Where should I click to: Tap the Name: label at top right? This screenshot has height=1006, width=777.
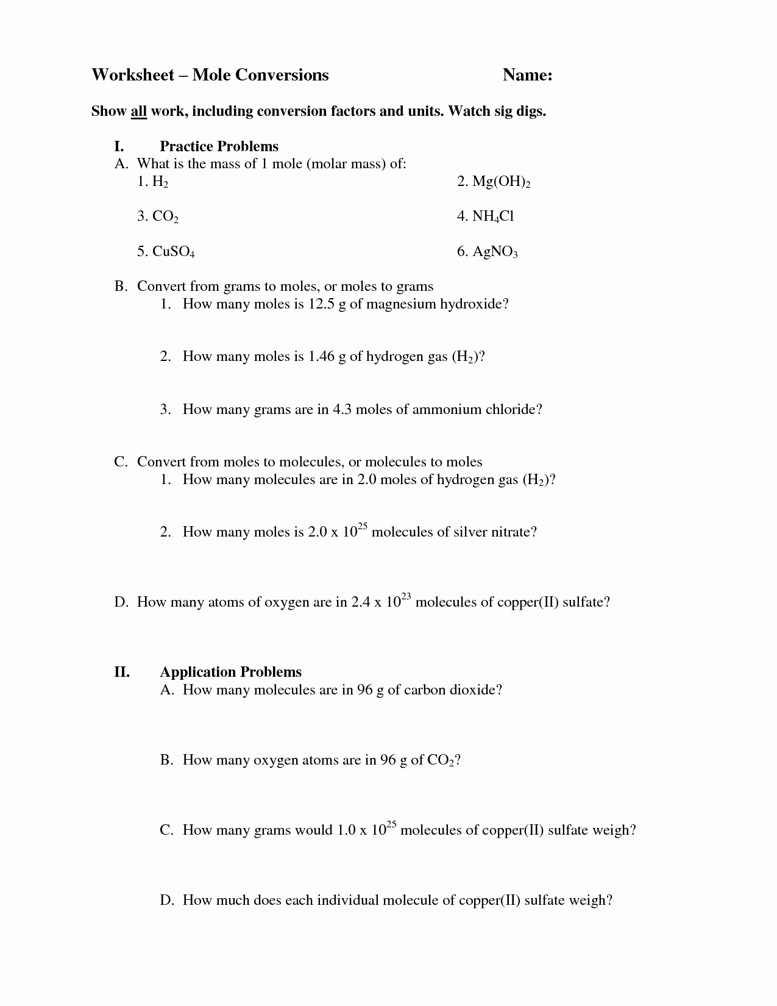[527, 75]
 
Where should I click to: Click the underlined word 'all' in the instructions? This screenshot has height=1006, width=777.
[138, 112]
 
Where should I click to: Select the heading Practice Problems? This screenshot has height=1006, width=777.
[219, 146]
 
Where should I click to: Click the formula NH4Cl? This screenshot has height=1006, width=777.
[493, 216]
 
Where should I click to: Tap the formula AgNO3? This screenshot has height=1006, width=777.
[495, 252]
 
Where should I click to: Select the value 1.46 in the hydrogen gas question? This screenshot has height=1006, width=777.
[322, 356]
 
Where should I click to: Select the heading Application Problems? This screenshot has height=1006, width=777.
[230, 672]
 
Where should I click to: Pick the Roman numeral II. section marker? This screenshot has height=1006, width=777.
[122, 672]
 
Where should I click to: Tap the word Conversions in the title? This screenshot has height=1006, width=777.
[282, 75]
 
